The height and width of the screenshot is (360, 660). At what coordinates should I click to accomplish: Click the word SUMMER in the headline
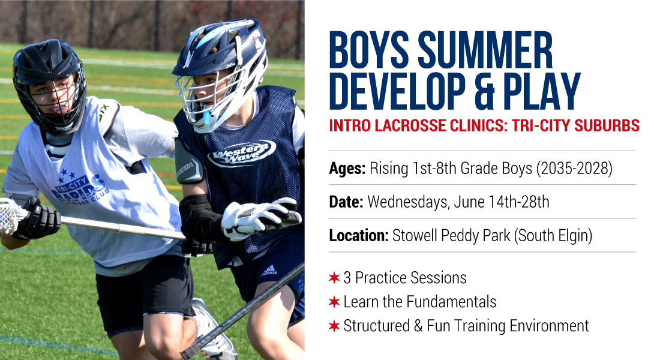[485, 50]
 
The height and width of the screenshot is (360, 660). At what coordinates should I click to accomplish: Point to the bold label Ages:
[347, 169]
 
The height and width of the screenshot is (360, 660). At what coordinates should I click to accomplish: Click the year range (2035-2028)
[574, 169]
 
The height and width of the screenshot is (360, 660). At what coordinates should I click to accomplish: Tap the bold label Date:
[346, 202]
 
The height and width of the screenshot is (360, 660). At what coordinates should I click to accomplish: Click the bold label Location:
[359, 236]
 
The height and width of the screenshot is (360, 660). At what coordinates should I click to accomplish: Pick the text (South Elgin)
[553, 236]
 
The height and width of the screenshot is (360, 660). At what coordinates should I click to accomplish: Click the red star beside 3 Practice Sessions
[334, 277]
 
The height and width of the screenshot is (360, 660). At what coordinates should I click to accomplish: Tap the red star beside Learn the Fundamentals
[334, 301]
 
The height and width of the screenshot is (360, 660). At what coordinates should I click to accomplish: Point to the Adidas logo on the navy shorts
[269, 271]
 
